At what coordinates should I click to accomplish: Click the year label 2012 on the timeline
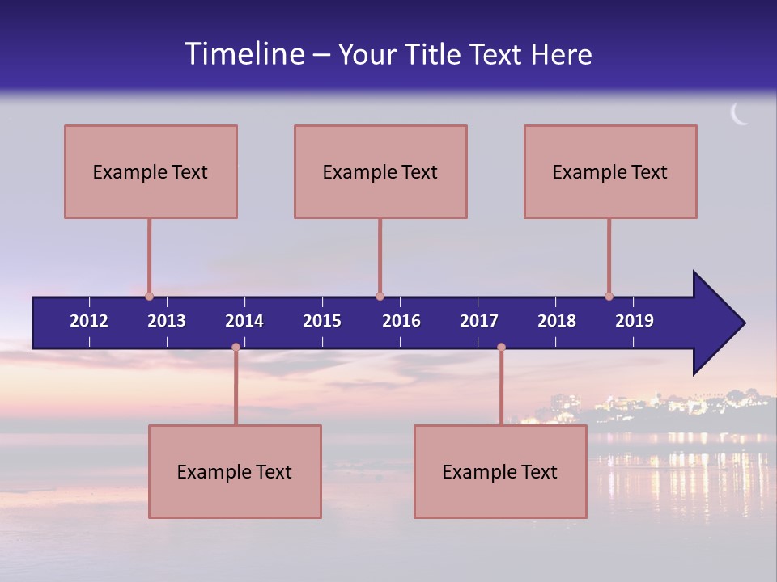click(89, 321)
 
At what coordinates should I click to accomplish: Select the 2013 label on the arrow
click(167, 321)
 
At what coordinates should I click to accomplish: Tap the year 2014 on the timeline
click(244, 321)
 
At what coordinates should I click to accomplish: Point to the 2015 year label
click(322, 321)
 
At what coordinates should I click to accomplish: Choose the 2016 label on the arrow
click(401, 321)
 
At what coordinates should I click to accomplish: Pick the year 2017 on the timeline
click(479, 321)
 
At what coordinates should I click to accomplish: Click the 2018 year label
click(557, 321)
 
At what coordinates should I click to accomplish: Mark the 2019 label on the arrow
click(635, 321)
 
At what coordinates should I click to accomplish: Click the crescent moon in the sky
click(738, 115)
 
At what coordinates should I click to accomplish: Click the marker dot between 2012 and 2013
click(149, 296)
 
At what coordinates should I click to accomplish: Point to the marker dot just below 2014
click(236, 347)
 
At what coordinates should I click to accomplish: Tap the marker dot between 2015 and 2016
click(380, 296)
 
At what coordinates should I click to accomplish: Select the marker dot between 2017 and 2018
click(501, 347)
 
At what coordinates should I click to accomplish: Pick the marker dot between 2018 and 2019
click(609, 296)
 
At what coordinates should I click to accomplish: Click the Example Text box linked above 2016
click(380, 171)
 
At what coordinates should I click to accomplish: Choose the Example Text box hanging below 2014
click(235, 471)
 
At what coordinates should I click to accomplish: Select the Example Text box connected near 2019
click(610, 171)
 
